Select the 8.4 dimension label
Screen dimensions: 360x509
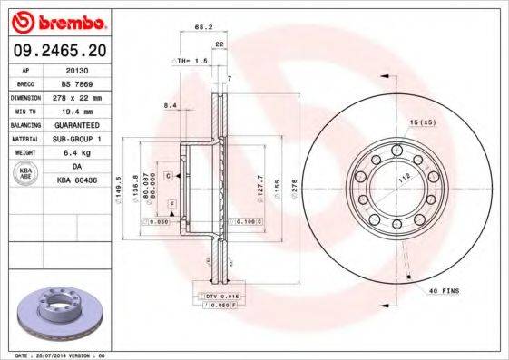(170, 106)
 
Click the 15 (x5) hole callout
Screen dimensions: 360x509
(422, 122)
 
